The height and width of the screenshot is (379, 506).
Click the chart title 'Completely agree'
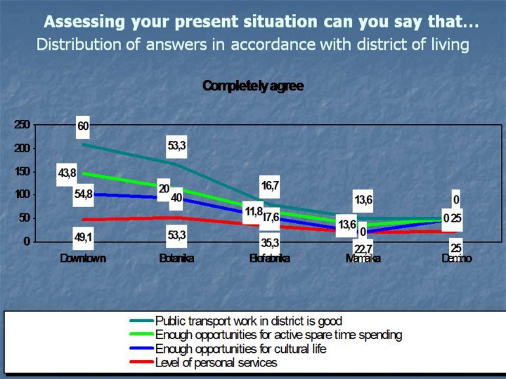[252, 86]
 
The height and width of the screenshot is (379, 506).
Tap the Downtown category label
[83, 258]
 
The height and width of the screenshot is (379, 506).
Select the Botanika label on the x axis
[176, 258]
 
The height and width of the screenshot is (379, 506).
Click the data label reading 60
[83, 126]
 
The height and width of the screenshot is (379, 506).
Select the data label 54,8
[83, 194]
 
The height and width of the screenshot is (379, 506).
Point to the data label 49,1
[83, 237]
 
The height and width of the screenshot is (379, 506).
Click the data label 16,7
[270, 185]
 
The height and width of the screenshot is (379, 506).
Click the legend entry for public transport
[249, 321]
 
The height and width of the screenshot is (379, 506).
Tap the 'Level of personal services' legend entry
[216, 363]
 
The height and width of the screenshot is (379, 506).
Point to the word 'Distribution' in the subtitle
[74, 46]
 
